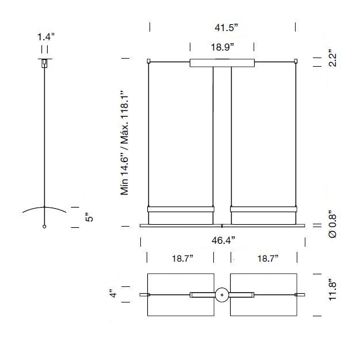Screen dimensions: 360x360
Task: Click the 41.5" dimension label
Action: (222, 27)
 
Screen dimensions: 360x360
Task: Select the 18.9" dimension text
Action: (222, 47)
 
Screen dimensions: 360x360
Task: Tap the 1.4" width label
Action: (45, 37)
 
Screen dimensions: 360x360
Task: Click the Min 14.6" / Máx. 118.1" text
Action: (125, 143)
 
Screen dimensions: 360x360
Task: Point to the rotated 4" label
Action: (114, 294)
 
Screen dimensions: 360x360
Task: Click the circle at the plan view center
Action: (221, 295)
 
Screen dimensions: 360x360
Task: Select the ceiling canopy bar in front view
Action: (222, 63)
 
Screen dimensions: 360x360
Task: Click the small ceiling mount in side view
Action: (44, 63)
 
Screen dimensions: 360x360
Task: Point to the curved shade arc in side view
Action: (44, 207)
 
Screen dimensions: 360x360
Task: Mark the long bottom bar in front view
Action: (222, 227)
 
